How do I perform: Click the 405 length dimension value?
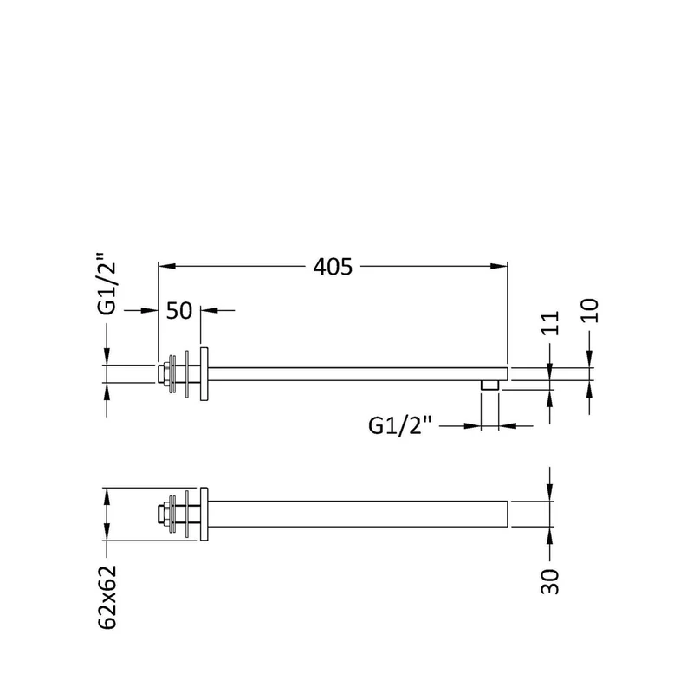point(333,267)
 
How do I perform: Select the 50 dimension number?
point(179,311)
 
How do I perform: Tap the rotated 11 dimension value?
point(550,323)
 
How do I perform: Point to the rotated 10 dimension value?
point(590,311)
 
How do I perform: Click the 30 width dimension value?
point(550,581)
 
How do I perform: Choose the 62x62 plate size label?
point(107,597)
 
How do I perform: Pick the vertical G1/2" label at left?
point(107,283)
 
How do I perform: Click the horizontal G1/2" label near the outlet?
point(399,426)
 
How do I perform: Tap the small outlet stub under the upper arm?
point(489,385)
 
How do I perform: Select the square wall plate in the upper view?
point(204,374)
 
